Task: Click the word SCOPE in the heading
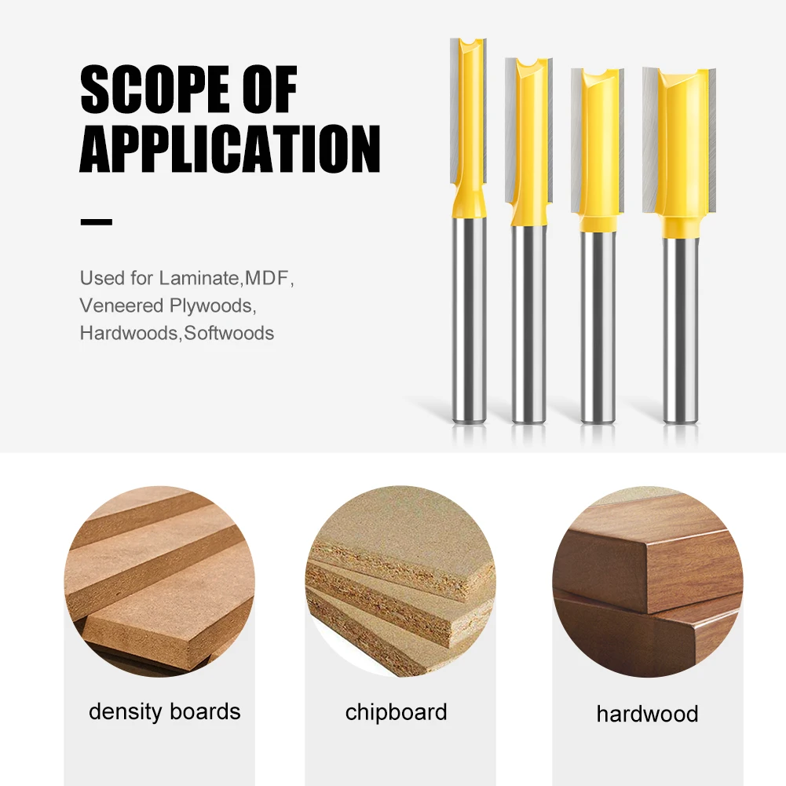click(x=152, y=90)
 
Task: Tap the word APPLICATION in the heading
click(x=230, y=149)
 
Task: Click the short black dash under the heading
click(x=97, y=221)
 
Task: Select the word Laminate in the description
click(x=199, y=278)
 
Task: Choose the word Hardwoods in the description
click(x=129, y=334)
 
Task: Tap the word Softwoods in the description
click(x=229, y=334)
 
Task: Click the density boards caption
click(x=164, y=712)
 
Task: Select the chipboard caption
click(x=396, y=712)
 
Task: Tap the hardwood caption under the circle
click(x=647, y=714)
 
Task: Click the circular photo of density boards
click(x=159, y=582)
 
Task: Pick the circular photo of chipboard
click(x=400, y=582)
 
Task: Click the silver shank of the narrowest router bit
click(x=469, y=320)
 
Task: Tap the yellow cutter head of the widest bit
click(x=679, y=151)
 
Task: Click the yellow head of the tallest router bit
click(x=469, y=128)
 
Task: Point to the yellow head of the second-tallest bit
click(x=528, y=142)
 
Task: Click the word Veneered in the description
click(x=121, y=305)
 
